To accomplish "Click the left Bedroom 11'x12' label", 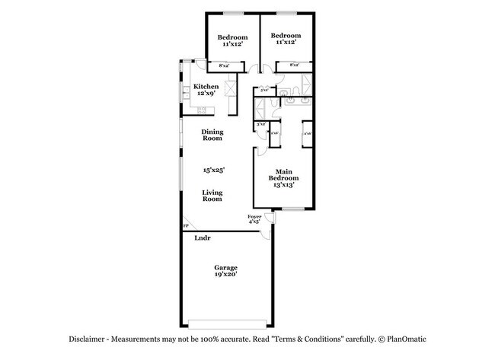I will (232, 40).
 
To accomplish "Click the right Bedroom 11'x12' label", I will (286, 39).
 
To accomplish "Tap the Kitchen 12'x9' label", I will (206, 90).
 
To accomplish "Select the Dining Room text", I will (212, 135).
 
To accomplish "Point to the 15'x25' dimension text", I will (212, 170).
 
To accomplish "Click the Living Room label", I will (212, 197).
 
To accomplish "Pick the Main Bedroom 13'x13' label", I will (283, 179).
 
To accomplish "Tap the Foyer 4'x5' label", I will (255, 220).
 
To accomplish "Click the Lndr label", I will (202, 238).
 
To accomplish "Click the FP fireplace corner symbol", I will (185, 226).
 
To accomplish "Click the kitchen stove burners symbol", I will (203, 111).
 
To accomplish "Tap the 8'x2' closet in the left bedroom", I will (225, 66).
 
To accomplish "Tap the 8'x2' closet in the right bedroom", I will (292, 66).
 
